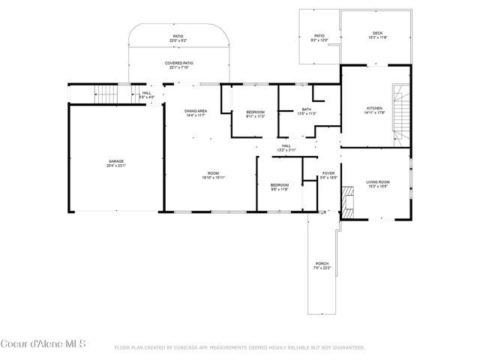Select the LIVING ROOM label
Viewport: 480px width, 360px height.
pos(377,183)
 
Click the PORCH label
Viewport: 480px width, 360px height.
pos(322,265)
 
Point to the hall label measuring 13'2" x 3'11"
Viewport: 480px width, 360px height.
pos(286,148)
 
